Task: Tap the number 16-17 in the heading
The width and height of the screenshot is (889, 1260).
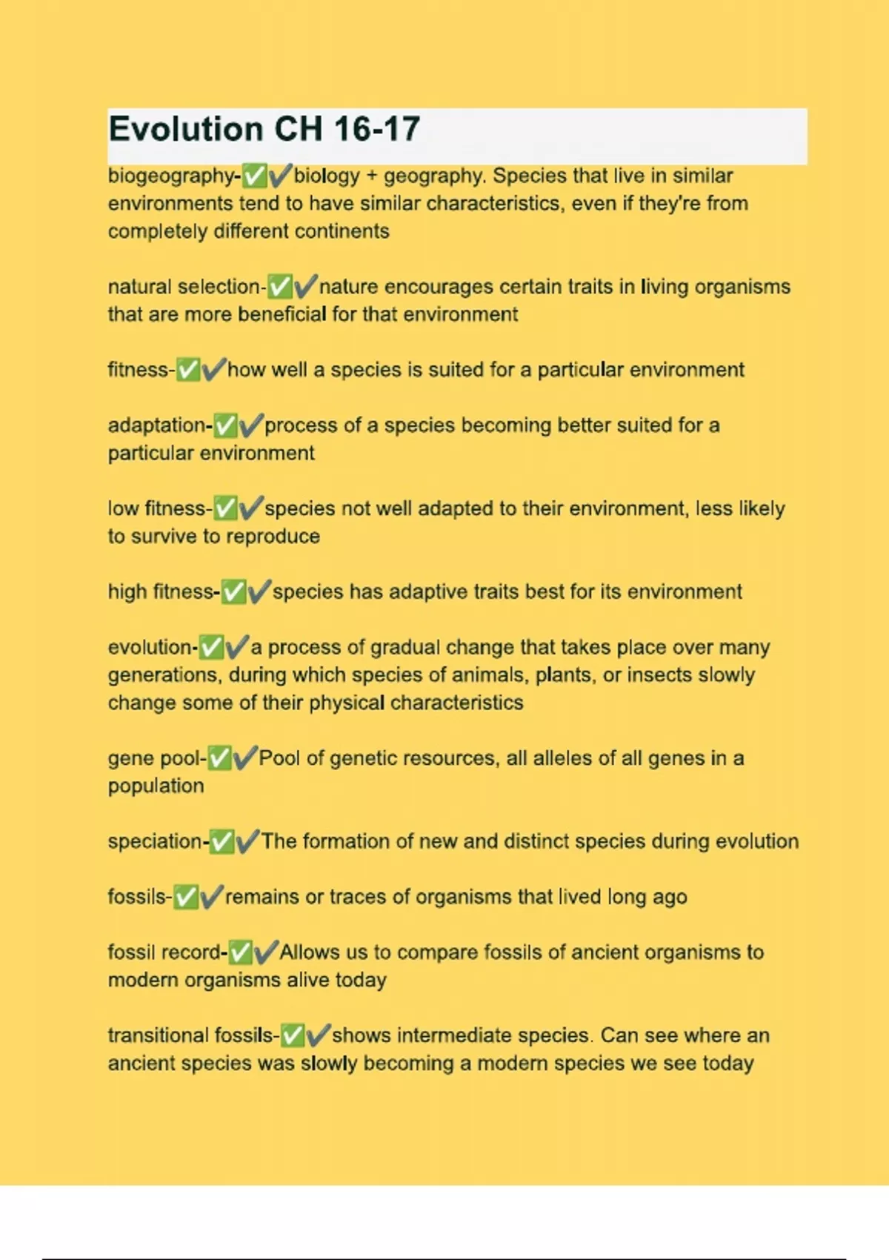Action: (x=377, y=130)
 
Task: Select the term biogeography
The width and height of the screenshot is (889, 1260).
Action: (x=171, y=176)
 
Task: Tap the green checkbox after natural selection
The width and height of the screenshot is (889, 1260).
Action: (x=280, y=286)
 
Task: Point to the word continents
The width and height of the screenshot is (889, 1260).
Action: (x=342, y=231)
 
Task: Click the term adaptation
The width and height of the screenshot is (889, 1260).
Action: (x=158, y=425)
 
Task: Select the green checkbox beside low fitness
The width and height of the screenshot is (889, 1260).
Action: (x=225, y=508)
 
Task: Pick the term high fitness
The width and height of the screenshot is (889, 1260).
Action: (x=162, y=591)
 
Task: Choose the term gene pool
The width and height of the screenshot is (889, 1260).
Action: (x=155, y=758)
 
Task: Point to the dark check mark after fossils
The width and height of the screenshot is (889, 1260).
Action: (x=212, y=897)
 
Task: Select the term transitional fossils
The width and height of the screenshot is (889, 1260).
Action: (x=191, y=1035)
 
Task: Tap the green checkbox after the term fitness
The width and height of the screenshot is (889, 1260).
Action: (x=188, y=369)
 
